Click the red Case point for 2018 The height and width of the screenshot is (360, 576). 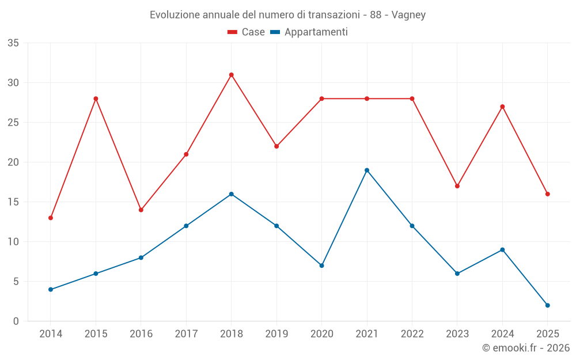point(231,75)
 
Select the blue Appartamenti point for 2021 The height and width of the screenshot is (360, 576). point(367,170)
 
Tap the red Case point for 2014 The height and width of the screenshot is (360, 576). point(51,218)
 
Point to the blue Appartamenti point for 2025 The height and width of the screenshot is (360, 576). point(548,305)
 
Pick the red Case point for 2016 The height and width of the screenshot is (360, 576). point(141,210)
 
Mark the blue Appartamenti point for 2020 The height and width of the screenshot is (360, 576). point(321,266)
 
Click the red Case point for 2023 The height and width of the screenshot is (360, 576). point(457,186)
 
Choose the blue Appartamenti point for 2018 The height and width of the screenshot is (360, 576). point(231,194)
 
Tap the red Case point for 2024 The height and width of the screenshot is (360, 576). point(502,107)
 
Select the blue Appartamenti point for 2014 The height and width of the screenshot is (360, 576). point(51,289)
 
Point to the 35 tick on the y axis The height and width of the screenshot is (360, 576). point(13,43)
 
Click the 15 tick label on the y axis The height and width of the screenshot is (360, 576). point(13,202)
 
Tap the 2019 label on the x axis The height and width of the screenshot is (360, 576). point(276,334)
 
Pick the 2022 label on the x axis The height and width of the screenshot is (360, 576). point(412,334)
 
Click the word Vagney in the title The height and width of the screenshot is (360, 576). point(408,15)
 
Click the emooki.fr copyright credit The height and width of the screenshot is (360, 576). point(526,348)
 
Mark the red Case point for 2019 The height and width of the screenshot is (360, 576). point(276,146)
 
